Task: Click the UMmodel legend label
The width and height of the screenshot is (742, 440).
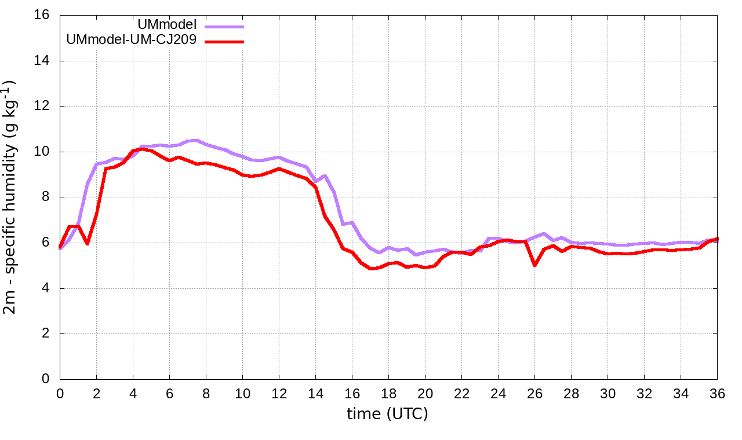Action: click(x=168, y=25)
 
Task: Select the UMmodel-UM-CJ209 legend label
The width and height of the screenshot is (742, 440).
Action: click(x=132, y=40)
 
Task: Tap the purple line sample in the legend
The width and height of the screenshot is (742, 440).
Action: click(x=224, y=27)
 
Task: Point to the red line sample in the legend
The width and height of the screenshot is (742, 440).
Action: click(x=224, y=42)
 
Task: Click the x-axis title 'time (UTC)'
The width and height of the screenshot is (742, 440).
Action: click(x=387, y=414)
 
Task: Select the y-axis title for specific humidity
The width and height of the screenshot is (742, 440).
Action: click(x=11, y=197)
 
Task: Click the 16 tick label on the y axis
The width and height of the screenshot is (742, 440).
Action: click(x=42, y=15)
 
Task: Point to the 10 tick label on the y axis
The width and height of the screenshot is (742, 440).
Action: click(x=42, y=152)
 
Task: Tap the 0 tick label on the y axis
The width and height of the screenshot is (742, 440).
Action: click(x=46, y=379)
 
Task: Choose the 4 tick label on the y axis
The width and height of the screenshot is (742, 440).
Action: click(x=46, y=288)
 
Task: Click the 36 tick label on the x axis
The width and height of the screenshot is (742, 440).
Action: click(x=718, y=393)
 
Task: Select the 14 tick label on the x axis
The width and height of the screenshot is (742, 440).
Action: click(x=315, y=393)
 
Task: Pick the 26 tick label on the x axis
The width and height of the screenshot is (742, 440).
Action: click(x=534, y=393)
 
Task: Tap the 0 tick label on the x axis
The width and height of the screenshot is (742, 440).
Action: click(x=60, y=393)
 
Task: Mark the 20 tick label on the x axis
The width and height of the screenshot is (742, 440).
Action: click(x=425, y=393)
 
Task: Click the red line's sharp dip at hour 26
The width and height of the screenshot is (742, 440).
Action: click(x=534, y=265)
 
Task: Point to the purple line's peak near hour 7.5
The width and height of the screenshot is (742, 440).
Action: click(x=197, y=140)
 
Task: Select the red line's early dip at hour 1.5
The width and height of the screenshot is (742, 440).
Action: click(x=87, y=244)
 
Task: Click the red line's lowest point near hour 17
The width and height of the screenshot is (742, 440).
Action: click(x=371, y=269)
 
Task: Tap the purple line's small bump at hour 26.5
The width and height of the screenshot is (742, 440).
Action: click(x=544, y=234)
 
